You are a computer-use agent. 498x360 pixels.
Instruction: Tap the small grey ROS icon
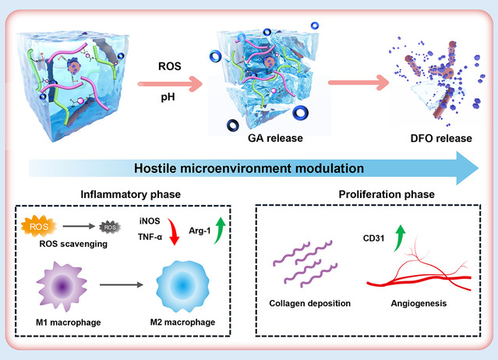(111, 228)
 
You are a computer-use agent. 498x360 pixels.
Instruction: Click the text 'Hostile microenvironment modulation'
(249, 167)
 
